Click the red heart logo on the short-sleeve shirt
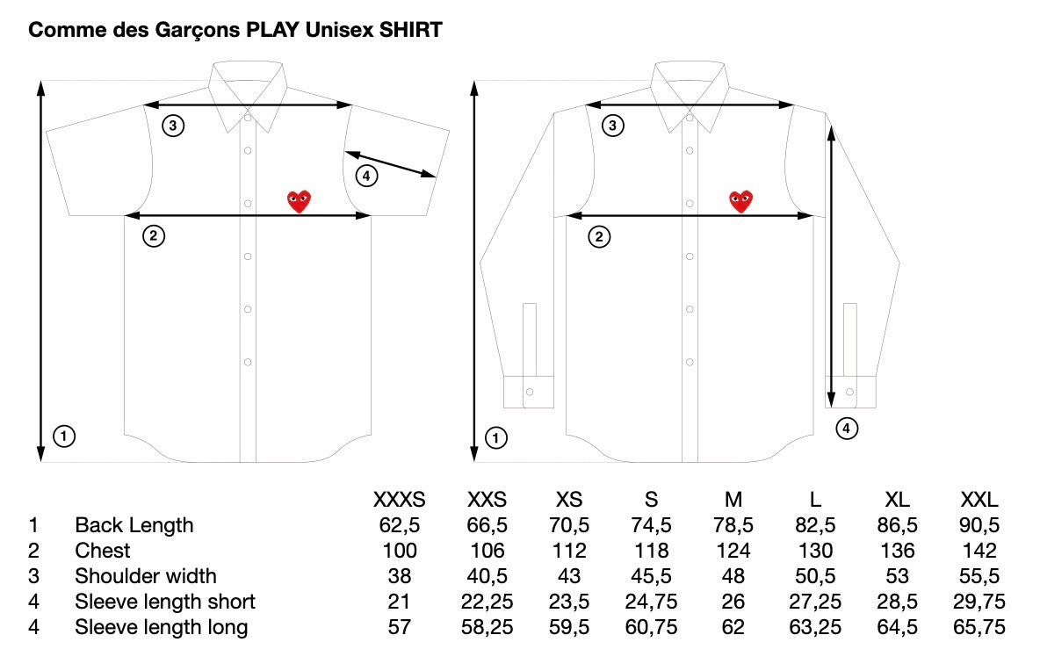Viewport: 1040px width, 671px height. tap(300, 201)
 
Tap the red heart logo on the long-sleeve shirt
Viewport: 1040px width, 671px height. tap(741, 201)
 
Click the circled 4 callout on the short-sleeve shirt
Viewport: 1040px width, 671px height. tap(366, 177)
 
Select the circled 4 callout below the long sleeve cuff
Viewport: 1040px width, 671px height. tap(846, 429)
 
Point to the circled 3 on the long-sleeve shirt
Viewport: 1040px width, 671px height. tap(613, 126)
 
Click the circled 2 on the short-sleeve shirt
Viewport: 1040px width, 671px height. tap(153, 235)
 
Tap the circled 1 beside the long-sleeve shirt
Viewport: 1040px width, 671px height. tap(496, 437)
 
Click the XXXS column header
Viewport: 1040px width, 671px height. tap(400, 500)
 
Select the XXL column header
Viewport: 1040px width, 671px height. tap(979, 500)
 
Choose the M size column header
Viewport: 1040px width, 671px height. tap(733, 500)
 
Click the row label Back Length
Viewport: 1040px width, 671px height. tap(134, 525)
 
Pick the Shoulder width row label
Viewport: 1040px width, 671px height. tap(145, 576)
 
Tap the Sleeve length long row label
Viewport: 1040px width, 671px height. tap(161, 627)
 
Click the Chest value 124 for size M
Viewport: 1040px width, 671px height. tap(733, 551)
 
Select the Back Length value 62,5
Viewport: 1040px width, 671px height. tap(400, 525)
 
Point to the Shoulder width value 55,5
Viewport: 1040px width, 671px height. tap(979, 576)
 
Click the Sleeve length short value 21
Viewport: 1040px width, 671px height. tap(400, 602)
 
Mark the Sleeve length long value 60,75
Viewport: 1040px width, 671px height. tap(651, 627)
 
